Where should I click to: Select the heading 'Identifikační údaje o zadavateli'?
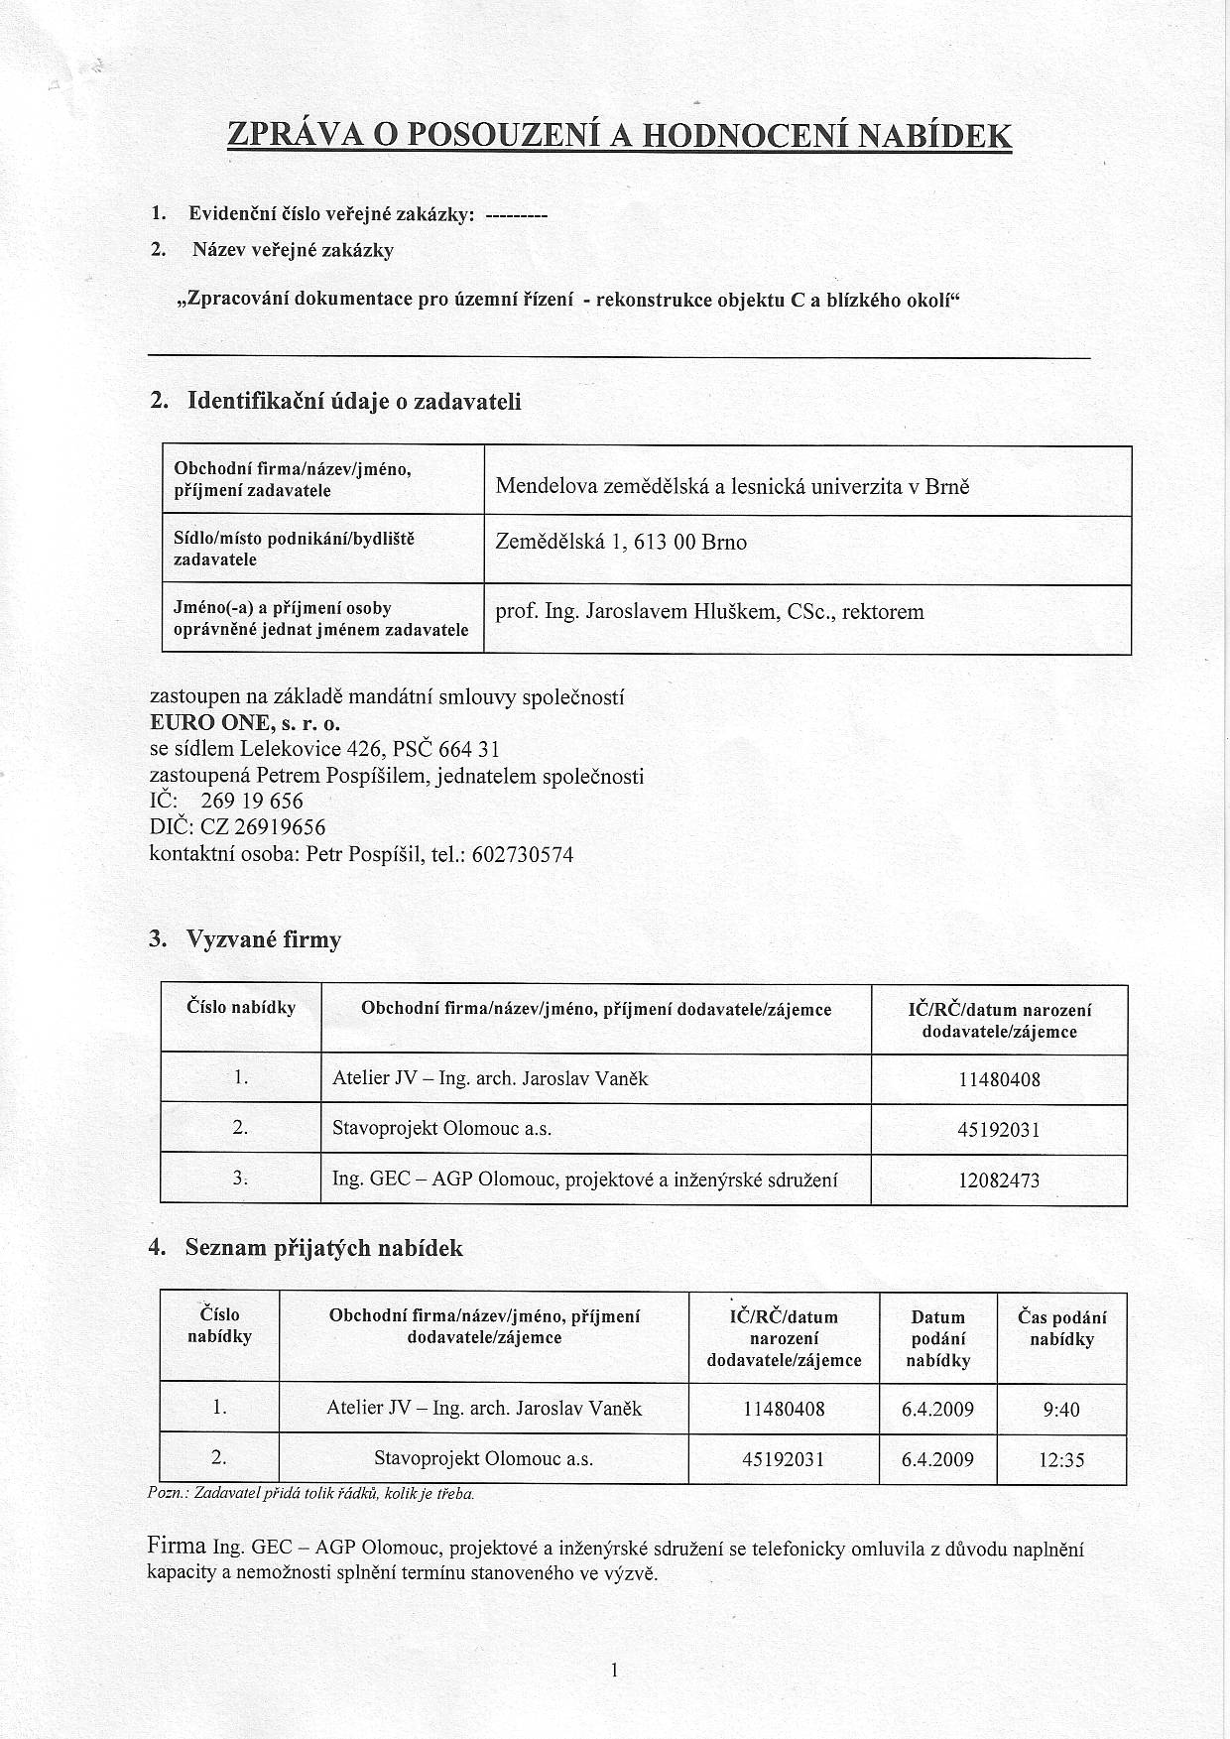click(353, 402)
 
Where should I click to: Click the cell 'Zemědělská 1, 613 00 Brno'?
click(621, 543)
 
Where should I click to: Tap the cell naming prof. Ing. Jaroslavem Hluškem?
click(709, 612)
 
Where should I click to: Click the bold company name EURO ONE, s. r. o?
click(245, 723)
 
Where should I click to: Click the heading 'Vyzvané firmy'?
click(263, 939)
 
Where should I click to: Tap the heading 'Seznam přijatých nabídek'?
click(323, 1248)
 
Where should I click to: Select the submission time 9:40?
click(1061, 1410)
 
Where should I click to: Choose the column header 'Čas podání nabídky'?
click(1061, 1328)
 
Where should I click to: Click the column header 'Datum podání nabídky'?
click(937, 1338)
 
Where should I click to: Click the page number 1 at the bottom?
click(615, 1672)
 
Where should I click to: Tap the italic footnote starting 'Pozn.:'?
click(310, 1493)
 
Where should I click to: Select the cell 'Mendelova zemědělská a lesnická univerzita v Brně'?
click(732, 487)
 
